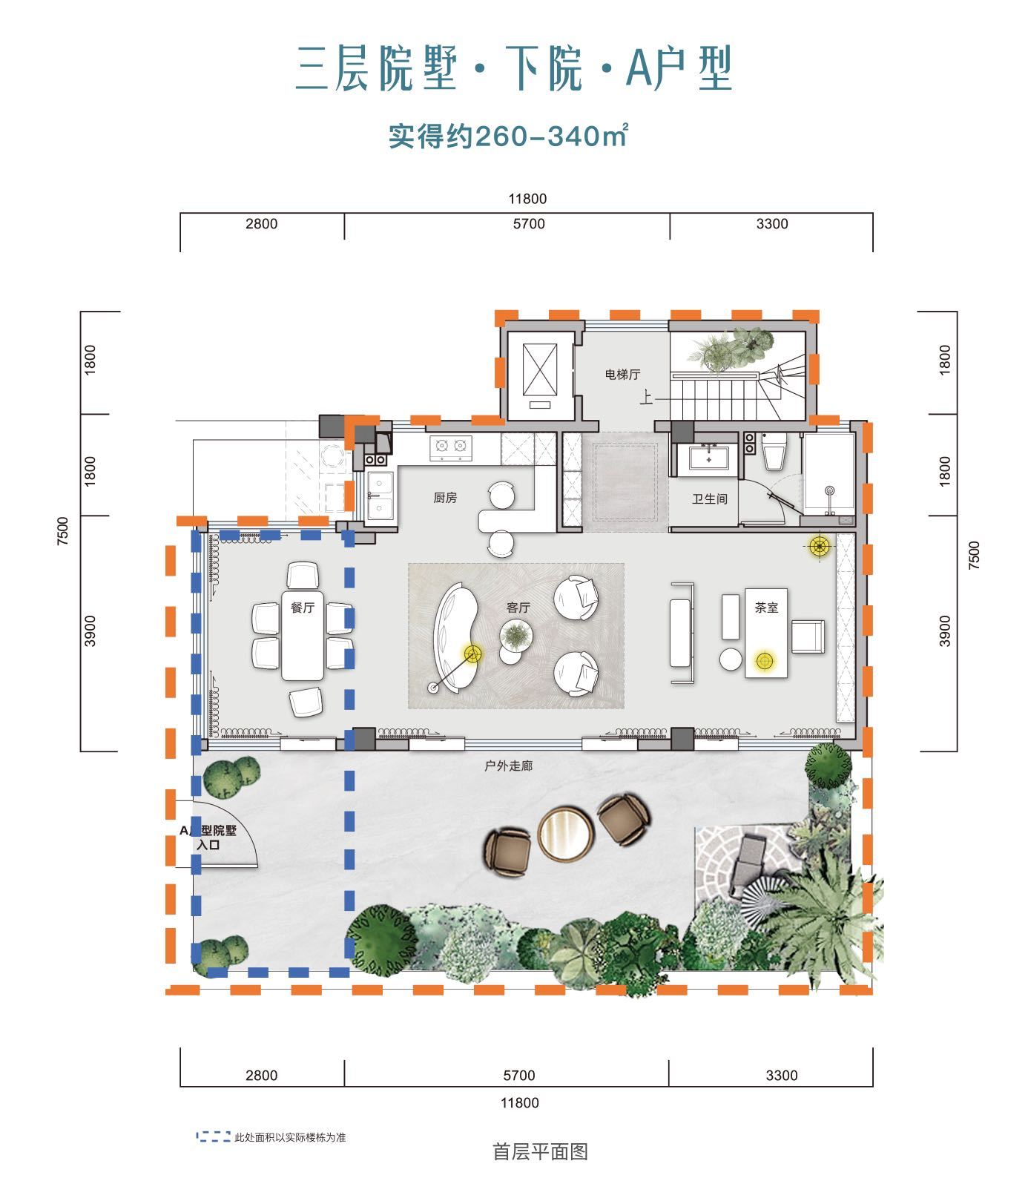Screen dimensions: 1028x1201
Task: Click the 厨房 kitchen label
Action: click(x=445, y=499)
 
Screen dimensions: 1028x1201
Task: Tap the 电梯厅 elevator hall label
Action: click(x=622, y=375)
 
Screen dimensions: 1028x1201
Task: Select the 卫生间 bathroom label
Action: click(x=710, y=499)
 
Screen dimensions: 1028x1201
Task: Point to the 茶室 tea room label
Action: click(x=766, y=608)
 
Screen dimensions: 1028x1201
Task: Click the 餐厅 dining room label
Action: click(x=303, y=608)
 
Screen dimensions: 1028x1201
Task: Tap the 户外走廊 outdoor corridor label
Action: click(x=508, y=766)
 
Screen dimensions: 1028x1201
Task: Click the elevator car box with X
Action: click(x=539, y=371)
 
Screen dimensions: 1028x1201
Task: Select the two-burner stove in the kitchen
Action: click(x=451, y=447)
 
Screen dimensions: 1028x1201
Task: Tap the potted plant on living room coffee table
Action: click(x=515, y=635)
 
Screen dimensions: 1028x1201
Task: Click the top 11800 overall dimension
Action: click(x=527, y=199)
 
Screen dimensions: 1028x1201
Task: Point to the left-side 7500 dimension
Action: click(x=63, y=532)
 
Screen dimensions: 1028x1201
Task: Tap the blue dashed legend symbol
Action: click(x=213, y=1136)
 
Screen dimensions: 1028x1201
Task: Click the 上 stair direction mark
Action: click(x=647, y=399)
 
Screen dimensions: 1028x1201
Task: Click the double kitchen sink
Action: click(x=380, y=496)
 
